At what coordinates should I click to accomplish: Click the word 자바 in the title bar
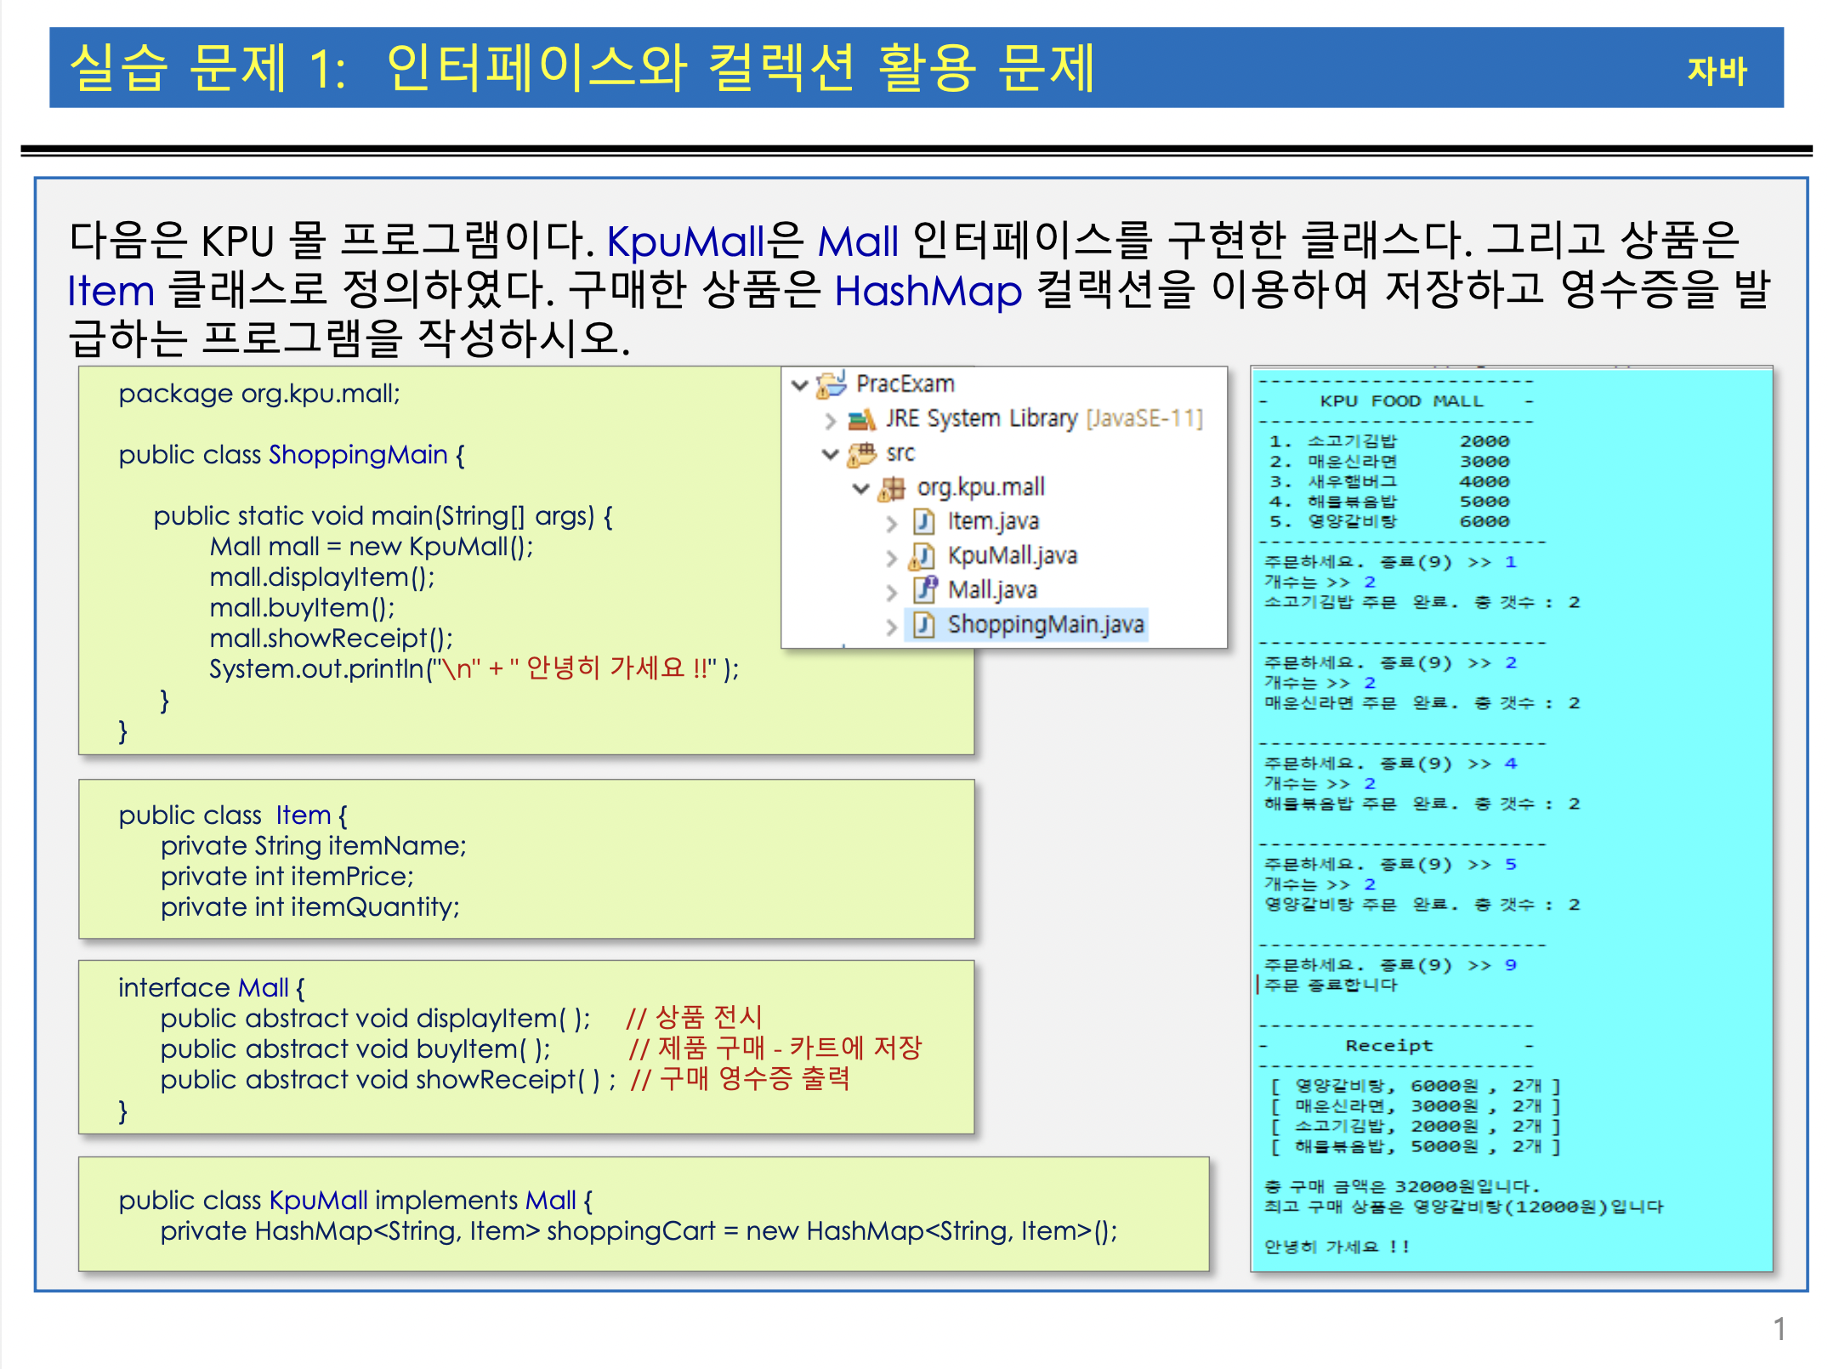tap(1716, 71)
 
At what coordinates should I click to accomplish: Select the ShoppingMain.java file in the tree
tap(1045, 625)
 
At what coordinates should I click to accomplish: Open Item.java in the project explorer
tap(992, 521)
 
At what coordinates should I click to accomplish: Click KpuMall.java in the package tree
tap(1012, 556)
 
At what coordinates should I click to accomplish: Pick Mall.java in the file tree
tap(991, 590)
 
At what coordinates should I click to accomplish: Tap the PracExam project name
tap(905, 384)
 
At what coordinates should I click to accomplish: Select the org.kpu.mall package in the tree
tap(979, 487)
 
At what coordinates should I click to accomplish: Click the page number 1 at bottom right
tap(1779, 1329)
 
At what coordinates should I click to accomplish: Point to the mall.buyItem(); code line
tap(302, 608)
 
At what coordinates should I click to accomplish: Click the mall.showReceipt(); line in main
tap(331, 639)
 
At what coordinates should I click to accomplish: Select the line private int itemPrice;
tap(287, 877)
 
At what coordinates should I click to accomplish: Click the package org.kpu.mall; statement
tap(259, 394)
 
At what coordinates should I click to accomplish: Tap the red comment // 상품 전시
tap(694, 1017)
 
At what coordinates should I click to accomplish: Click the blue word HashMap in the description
tap(928, 292)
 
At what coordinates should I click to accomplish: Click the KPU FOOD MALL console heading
tap(1400, 401)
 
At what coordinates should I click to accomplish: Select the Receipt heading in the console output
tap(1388, 1046)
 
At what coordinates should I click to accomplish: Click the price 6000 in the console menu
tap(1485, 522)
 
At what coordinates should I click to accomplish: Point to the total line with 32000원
tap(1401, 1187)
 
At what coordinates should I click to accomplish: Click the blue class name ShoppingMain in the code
tap(358, 455)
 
